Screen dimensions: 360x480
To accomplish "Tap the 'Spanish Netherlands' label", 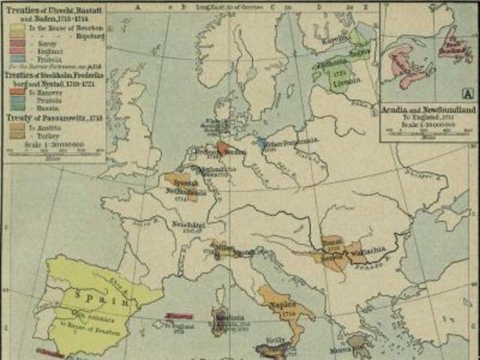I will tap(182, 188).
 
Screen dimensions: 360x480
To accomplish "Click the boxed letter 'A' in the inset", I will tap(468, 93).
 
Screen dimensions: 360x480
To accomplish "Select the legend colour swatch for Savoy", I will tap(17, 43).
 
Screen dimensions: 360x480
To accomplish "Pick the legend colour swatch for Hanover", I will tap(17, 91).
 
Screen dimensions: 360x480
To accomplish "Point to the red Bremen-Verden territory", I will tap(223, 148).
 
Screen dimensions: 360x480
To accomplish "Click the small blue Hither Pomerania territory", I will tap(260, 141).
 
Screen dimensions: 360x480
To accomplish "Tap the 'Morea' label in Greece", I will tap(341, 349).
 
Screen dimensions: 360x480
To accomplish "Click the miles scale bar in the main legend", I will tap(52, 152).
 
